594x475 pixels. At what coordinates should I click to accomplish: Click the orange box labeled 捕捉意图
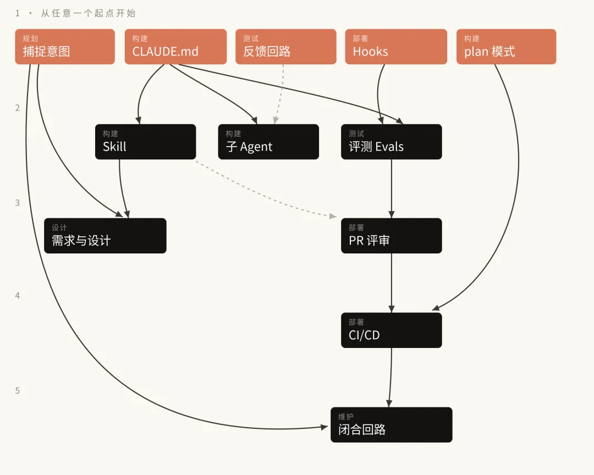click(65, 47)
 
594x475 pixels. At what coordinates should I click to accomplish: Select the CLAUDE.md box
click(176, 47)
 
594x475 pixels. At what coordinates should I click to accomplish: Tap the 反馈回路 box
click(286, 47)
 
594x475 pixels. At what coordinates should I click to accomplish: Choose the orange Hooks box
click(396, 47)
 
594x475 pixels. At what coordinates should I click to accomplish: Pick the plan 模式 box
click(506, 47)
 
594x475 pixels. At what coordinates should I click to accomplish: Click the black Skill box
click(145, 142)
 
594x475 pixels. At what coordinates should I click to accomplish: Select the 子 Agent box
click(268, 142)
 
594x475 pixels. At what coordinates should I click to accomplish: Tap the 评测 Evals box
click(392, 142)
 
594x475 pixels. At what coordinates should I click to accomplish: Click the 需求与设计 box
click(105, 236)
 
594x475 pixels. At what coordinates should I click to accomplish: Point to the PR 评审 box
click(392, 236)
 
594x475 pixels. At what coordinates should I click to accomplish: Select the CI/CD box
click(392, 330)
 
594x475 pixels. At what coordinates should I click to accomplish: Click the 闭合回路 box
click(392, 424)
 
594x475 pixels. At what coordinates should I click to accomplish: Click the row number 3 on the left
click(18, 203)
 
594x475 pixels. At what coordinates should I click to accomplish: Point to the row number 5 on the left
click(18, 390)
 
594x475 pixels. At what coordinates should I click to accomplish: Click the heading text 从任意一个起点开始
click(88, 13)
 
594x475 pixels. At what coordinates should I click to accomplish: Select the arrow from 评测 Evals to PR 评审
click(392, 189)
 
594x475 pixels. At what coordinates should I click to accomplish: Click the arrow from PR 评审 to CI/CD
click(392, 283)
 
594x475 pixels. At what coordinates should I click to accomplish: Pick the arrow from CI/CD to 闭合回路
click(391, 377)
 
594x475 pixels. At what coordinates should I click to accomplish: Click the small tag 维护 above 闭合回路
click(346, 417)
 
